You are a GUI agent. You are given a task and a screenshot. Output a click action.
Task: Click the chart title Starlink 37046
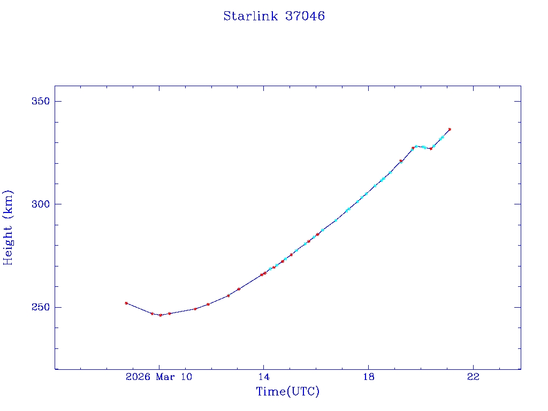point(274,16)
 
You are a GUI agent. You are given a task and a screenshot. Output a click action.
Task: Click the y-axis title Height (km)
point(9,227)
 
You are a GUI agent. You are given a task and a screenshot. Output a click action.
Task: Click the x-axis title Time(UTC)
point(288,392)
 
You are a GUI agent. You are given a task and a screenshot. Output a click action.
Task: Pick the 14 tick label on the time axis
point(263,377)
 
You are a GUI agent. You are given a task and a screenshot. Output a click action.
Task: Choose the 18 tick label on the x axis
point(368,377)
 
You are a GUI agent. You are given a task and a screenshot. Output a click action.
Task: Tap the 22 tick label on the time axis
point(473,377)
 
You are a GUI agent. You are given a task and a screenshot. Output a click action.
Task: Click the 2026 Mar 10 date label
point(158,377)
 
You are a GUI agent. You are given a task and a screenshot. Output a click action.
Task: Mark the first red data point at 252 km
point(126,303)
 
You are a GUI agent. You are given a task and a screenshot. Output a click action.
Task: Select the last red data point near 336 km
point(450,129)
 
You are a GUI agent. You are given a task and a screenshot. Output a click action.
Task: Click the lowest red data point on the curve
point(160,315)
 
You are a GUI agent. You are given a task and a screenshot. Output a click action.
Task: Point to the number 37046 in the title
point(305,16)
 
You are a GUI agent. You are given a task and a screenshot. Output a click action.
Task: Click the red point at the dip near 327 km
point(431,148)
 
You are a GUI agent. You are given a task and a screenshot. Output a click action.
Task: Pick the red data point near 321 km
point(401,161)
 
